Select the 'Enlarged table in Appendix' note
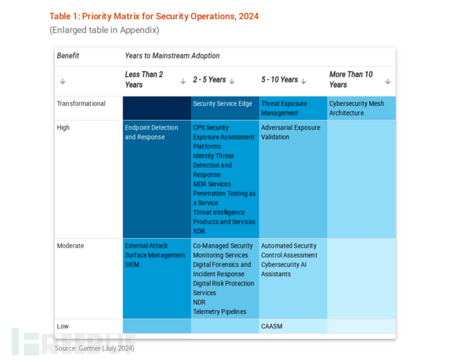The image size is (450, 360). point(104,29)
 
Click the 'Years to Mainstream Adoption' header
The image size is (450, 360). point(172,56)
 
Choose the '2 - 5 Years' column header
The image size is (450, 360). point(209,80)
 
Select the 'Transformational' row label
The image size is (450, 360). point(81,104)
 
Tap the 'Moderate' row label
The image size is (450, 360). point(70,246)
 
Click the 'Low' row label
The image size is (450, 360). point(63,326)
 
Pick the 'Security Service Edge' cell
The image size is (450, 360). point(222,104)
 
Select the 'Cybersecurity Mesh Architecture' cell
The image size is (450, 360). point(357,108)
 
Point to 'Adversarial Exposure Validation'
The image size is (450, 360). point(291,132)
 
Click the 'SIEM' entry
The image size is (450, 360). point(133,265)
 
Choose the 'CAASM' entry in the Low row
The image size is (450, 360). point(273,326)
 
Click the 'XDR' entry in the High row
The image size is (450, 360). point(199,231)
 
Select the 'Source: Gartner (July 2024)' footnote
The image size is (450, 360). point(94,349)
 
